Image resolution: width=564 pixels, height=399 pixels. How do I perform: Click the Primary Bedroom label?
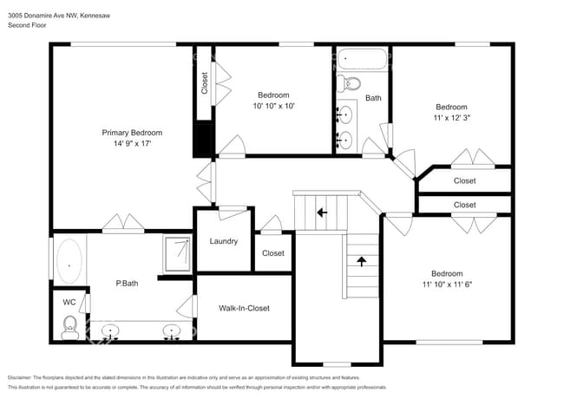132,133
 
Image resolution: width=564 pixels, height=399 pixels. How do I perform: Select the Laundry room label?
223,241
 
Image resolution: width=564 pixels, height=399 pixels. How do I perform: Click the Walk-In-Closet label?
244,308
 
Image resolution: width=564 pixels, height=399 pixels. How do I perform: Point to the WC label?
69,302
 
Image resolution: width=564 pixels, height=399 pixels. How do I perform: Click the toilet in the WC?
69,325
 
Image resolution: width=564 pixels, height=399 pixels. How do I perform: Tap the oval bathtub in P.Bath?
70,259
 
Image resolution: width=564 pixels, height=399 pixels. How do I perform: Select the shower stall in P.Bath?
179,253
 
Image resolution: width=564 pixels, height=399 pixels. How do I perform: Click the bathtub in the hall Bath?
362,61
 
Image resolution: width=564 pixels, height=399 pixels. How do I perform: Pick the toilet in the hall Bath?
349,83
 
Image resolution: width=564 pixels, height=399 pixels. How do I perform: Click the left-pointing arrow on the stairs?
321,212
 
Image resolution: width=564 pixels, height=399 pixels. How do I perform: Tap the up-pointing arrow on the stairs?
362,259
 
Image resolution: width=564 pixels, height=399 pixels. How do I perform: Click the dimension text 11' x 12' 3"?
451,119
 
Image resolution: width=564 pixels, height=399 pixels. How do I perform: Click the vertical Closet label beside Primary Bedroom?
205,82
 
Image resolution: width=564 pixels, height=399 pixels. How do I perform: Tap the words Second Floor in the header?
27,26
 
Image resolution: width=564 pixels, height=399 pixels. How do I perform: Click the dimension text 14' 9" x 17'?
132,144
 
